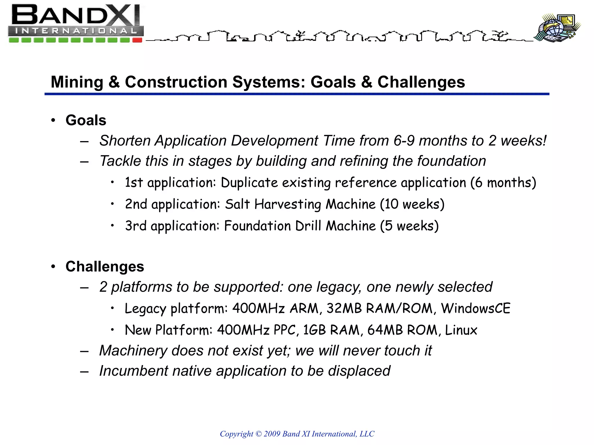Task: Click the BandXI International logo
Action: (75, 23)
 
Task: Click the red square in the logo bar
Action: (137, 40)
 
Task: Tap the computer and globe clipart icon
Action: (557, 28)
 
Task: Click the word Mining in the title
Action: (77, 82)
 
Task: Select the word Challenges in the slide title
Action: (421, 82)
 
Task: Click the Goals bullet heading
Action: (86, 120)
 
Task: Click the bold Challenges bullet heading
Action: (105, 267)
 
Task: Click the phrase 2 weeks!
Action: (517, 141)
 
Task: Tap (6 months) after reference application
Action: (503, 183)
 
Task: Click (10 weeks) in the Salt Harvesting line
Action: (412, 204)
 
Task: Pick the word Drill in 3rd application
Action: (308, 226)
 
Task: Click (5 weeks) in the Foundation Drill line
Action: (409, 226)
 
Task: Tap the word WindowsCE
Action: (476, 308)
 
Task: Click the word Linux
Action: (461, 330)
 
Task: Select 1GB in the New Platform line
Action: (314, 330)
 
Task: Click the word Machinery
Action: (133, 351)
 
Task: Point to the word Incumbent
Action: (133, 371)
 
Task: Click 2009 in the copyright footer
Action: (272, 434)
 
